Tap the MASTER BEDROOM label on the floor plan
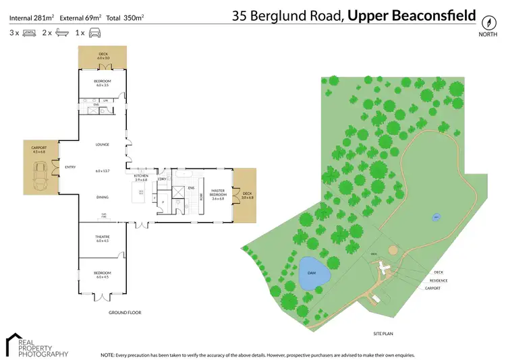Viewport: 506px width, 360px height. point(217,193)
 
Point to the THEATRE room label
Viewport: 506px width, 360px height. point(102,237)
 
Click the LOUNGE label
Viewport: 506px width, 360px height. point(103,144)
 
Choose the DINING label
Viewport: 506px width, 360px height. point(103,198)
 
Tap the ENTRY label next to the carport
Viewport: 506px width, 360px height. point(69,167)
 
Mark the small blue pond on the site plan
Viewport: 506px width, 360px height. point(436,218)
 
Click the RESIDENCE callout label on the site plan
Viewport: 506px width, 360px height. point(441,280)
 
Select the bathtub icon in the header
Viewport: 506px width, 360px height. point(62,32)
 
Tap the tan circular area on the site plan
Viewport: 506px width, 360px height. point(393,251)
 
